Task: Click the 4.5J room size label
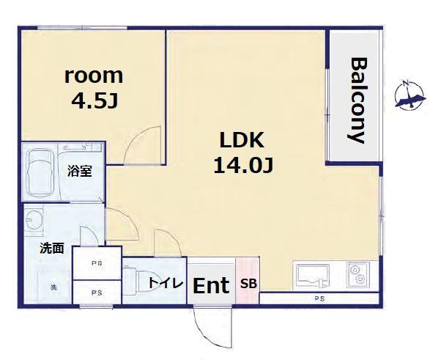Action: point(94,102)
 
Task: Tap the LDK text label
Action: point(242,140)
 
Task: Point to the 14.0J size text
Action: point(243,166)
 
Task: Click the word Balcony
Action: point(358,100)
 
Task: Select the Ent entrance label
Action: point(211,285)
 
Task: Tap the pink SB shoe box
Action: point(248,280)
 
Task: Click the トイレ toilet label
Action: point(166,283)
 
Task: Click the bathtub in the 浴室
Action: point(40,172)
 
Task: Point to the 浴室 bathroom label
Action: point(80,172)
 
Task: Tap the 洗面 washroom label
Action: point(52,249)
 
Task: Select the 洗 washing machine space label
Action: point(53,287)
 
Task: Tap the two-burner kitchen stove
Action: point(358,275)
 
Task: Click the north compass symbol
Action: point(410,96)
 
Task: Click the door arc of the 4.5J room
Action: point(134,137)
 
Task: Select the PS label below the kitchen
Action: point(320,298)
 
